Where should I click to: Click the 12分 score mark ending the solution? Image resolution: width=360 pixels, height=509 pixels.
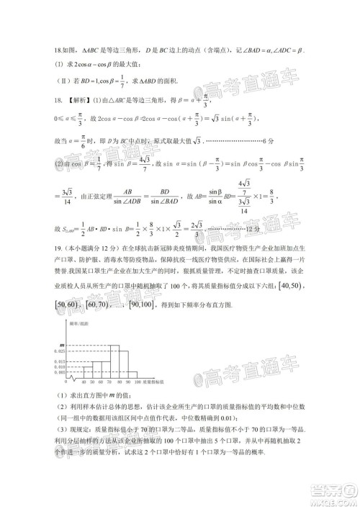tap(253, 230)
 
